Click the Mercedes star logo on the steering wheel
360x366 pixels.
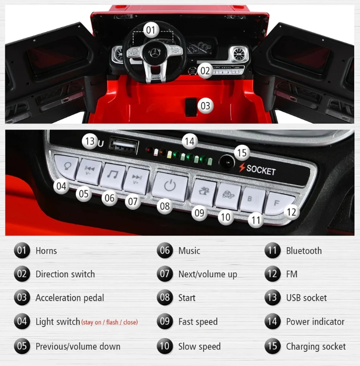pyautogui.click(x=154, y=53)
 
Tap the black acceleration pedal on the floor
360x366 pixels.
pyautogui.click(x=191, y=107)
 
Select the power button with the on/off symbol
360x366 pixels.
pyautogui.click(x=170, y=186)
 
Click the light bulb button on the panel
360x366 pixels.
pyautogui.click(x=66, y=167)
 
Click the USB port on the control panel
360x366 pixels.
pyautogui.click(x=124, y=146)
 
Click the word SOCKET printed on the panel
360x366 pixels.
pyautogui.click(x=261, y=170)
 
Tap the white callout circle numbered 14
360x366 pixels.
pyautogui.click(x=189, y=141)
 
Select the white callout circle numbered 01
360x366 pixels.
pyautogui.click(x=151, y=30)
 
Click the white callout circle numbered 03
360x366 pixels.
pyautogui.click(x=205, y=106)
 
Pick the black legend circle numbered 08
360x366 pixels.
pyautogui.click(x=165, y=298)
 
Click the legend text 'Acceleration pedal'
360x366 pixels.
pyautogui.click(x=70, y=298)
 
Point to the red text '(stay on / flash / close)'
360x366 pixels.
pyautogui.click(x=110, y=322)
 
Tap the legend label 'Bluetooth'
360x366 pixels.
pyautogui.click(x=304, y=251)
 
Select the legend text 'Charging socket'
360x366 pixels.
pyautogui.click(x=316, y=347)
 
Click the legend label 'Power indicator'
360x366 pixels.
pyautogui.click(x=315, y=321)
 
